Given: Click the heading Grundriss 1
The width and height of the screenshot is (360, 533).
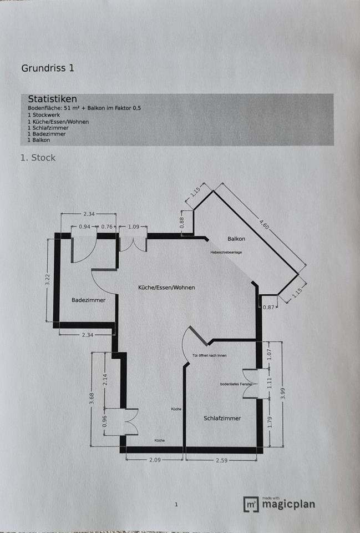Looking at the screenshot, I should [x=48, y=68].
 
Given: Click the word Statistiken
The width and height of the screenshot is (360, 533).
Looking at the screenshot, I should [x=52, y=99].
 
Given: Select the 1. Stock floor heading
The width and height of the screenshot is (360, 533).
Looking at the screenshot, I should [x=38, y=158].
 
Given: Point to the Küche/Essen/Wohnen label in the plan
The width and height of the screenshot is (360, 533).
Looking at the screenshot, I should [x=166, y=288].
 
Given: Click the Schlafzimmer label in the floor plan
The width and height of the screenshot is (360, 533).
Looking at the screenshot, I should [x=222, y=418].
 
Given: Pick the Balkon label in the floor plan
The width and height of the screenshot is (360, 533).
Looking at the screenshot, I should [x=236, y=239].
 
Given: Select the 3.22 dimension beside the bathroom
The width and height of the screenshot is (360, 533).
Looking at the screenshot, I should [x=48, y=280].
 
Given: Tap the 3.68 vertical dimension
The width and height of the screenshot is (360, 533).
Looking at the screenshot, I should [x=92, y=400].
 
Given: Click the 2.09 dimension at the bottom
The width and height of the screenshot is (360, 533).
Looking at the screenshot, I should [x=155, y=460].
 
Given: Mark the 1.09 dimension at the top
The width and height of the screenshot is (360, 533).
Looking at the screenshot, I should [x=133, y=227].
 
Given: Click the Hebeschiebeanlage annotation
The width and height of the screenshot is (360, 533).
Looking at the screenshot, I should [x=226, y=253].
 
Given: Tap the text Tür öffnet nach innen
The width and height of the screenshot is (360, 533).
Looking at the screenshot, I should [x=209, y=355].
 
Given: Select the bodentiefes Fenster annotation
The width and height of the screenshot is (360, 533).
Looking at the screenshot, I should [x=236, y=384].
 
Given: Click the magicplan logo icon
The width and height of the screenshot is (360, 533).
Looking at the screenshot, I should [x=251, y=504].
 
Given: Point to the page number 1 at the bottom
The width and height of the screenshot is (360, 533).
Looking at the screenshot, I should [x=176, y=505].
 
